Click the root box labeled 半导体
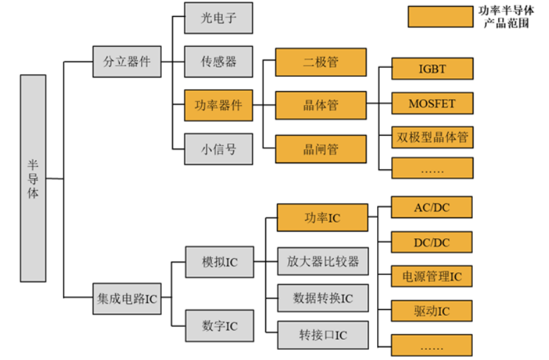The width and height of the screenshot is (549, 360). (33, 178)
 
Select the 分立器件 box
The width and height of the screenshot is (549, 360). (126, 62)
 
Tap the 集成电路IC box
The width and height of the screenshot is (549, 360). (126, 296)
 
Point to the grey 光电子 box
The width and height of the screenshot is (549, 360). (219, 18)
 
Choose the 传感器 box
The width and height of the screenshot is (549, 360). (219, 62)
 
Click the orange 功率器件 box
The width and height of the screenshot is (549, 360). (219, 105)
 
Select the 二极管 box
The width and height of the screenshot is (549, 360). (321, 62)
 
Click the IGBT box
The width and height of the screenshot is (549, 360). (432, 69)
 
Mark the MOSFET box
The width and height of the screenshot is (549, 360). (432, 104)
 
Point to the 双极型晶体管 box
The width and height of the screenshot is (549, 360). (432, 138)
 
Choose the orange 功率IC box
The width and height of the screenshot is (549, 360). (321, 218)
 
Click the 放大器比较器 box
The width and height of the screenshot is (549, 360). (322, 260)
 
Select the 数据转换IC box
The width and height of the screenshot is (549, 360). (322, 297)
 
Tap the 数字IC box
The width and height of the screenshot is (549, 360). (219, 326)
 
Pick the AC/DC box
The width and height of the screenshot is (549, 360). (432, 207)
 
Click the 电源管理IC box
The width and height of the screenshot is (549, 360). (432, 276)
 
